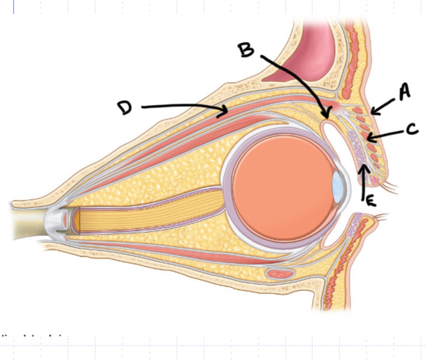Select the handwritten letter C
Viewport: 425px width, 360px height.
click(x=412, y=130)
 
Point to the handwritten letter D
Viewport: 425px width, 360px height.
click(x=125, y=108)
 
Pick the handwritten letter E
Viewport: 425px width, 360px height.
click(x=370, y=201)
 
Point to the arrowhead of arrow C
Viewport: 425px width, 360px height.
click(x=369, y=138)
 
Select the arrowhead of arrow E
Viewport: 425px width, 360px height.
click(x=364, y=168)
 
